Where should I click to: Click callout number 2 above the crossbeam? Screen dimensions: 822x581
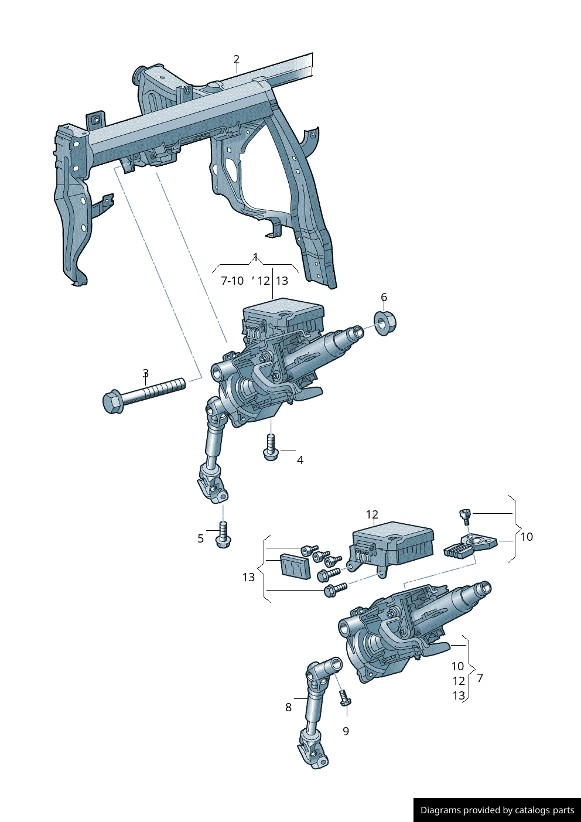tap(236, 59)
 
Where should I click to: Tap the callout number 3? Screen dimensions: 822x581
tap(145, 373)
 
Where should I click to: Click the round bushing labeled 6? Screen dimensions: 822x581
tap(385, 323)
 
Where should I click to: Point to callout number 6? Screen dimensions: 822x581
tap(384, 297)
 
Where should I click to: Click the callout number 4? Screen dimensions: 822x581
tap(300, 460)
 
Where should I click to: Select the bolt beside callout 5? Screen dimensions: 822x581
tap(223, 534)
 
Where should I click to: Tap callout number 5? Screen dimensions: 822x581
tap(200, 538)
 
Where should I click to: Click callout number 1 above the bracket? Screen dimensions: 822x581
tap(255, 257)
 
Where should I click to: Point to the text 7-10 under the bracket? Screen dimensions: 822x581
tap(232, 281)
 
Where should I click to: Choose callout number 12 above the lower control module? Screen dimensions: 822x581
tap(372, 514)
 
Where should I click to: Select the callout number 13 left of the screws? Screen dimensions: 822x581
tap(248, 577)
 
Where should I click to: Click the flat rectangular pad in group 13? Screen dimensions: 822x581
tap(295, 566)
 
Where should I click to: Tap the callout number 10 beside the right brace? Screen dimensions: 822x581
tap(527, 537)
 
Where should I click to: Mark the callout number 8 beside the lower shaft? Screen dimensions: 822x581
tap(288, 707)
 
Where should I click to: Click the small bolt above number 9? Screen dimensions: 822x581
tap(345, 698)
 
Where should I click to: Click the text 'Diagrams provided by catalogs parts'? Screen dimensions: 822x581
tap(497, 810)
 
